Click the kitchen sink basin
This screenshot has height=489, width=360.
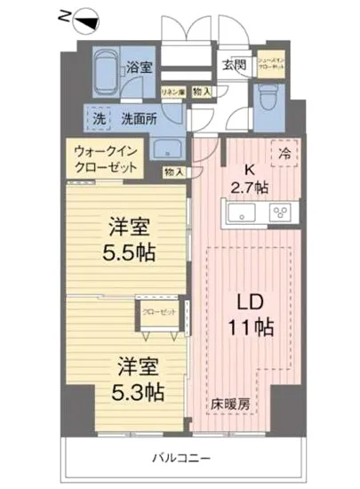pyautogui.click(x=241, y=212)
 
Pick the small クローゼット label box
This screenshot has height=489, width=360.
pyautogui.click(x=162, y=312)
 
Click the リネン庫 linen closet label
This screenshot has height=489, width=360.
pyautogui.click(x=172, y=92)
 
